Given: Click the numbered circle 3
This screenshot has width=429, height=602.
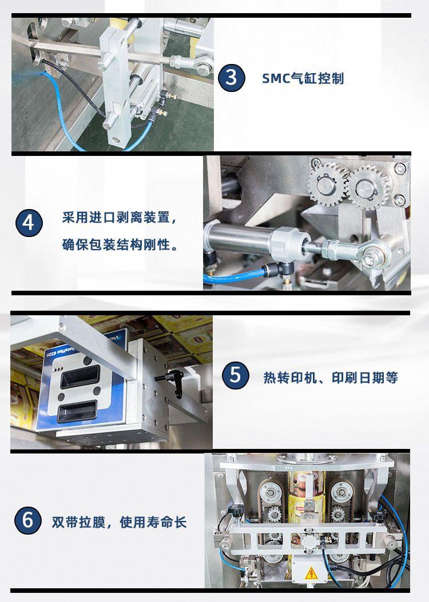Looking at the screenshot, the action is (x=232, y=78).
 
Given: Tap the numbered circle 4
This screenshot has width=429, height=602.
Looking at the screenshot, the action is (x=29, y=223).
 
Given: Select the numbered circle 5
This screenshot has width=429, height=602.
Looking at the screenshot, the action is (x=235, y=375).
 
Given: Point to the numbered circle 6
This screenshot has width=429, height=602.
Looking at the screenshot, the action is (x=27, y=520).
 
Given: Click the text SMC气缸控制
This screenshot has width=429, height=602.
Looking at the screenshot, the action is (x=303, y=78).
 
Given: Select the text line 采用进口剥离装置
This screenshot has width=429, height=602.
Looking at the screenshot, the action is (x=120, y=218).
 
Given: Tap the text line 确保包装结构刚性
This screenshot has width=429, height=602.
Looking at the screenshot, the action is (x=120, y=244).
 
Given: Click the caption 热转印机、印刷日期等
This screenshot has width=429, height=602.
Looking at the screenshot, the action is (x=331, y=378).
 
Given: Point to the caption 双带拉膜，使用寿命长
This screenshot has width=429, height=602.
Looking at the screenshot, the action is (x=119, y=522).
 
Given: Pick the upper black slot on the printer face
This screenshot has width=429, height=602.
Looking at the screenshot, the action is (x=80, y=376).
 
